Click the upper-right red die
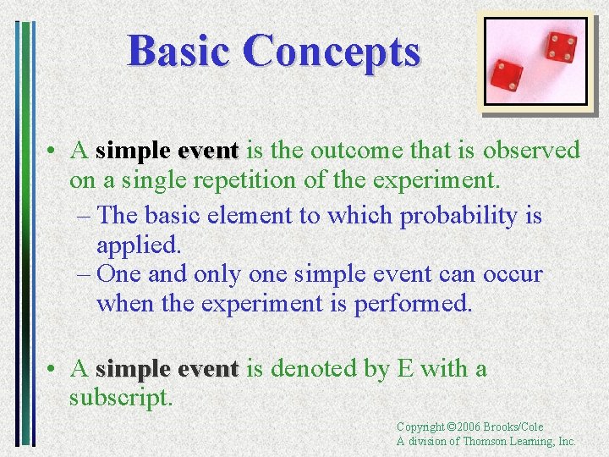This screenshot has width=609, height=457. click(559, 47)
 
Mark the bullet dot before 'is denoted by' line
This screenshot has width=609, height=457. click(52, 370)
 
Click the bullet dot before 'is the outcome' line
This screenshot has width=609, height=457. click(52, 151)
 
